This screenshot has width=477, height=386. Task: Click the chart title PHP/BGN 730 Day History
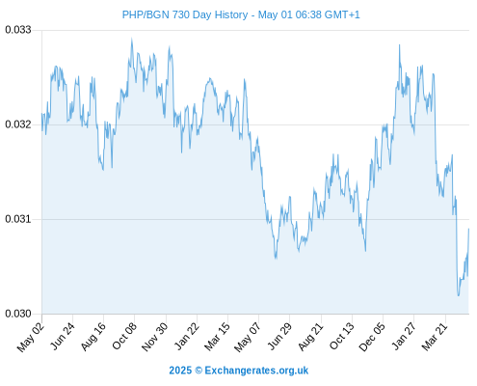pyautogui.click(x=185, y=14)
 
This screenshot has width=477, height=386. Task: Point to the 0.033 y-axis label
pyautogui.click(x=18, y=30)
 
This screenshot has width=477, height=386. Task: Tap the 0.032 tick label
pyautogui.click(x=18, y=124)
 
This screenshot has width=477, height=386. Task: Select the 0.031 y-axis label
pyautogui.click(x=18, y=219)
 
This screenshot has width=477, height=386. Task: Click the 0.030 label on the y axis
pyautogui.click(x=18, y=314)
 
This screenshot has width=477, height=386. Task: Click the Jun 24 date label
pyautogui.click(x=63, y=336)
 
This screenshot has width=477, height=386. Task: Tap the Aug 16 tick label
pyautogui.click(x=93, y=337)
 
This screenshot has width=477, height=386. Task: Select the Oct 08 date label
pyautogui.click(x=124, y=336)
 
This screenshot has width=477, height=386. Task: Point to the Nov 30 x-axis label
pyautogui.click(x=155, y=337)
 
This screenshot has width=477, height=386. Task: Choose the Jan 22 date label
pyautogui.click(x=187, y=336)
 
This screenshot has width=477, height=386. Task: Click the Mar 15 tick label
pyautogui.click(x=218, y=336)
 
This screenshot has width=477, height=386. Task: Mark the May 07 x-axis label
pyautogui.click(x=248, y=337)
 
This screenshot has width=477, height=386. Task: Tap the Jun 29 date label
pyautogui.click(x=279, y=336)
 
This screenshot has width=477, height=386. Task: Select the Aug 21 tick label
pyautogui.click(x=310, y=337)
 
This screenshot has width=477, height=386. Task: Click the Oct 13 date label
pyautogui.click(x=342, y=336)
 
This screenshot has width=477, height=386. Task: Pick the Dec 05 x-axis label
pyautogui.click(x=372, y=337)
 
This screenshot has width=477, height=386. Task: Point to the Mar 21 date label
pyautogui.click(x=435, y=336)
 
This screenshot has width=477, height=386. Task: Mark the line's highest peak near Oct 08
pyautogui.click(x=131, y=39)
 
